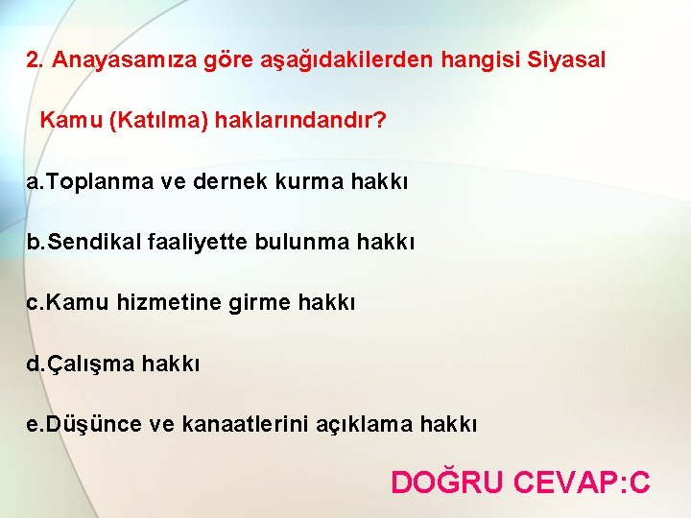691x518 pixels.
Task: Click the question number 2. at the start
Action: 36,60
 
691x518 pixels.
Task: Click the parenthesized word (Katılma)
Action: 160,122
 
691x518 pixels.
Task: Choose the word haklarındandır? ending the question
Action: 300,122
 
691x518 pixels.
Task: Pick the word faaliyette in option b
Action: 197,243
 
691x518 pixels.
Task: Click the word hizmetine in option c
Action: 187,303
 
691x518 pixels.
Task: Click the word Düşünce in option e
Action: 95,425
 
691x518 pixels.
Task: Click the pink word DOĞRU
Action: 446,481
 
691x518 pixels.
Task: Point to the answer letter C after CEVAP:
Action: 638,481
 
